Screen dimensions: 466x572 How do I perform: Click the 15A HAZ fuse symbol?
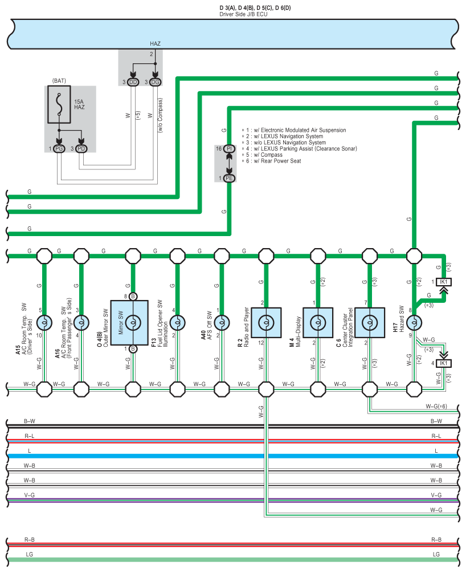[59, 104]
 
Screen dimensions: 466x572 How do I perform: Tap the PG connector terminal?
[59, 149]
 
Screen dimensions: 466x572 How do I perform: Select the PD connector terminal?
[81, 149]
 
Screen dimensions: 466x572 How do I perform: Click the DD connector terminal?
[133, 82]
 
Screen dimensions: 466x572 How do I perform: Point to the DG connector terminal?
[155, 82]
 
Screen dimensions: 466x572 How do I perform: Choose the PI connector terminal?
[229, 148]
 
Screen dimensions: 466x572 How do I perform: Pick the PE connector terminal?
[229, 178]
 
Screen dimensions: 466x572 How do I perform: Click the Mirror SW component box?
[129, 322]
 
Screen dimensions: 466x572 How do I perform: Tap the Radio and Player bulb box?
[267, 322]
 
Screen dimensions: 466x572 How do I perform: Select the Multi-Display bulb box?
[318, 322]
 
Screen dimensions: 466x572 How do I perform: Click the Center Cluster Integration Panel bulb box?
[370, 322]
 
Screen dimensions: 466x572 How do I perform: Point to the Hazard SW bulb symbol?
[414, 322]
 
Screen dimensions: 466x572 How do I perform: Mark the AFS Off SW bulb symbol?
[222, 322]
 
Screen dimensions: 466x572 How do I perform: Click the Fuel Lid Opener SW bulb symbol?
[177, 322]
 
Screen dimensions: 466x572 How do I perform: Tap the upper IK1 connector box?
[444, 282]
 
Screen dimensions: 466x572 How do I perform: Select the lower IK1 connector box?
[444, 363]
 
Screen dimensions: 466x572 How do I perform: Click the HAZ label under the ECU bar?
[155, 43]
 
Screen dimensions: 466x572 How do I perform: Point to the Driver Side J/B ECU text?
[243, 14]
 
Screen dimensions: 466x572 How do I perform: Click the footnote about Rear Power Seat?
[272, 161]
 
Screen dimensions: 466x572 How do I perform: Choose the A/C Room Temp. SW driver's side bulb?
[44, 322]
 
